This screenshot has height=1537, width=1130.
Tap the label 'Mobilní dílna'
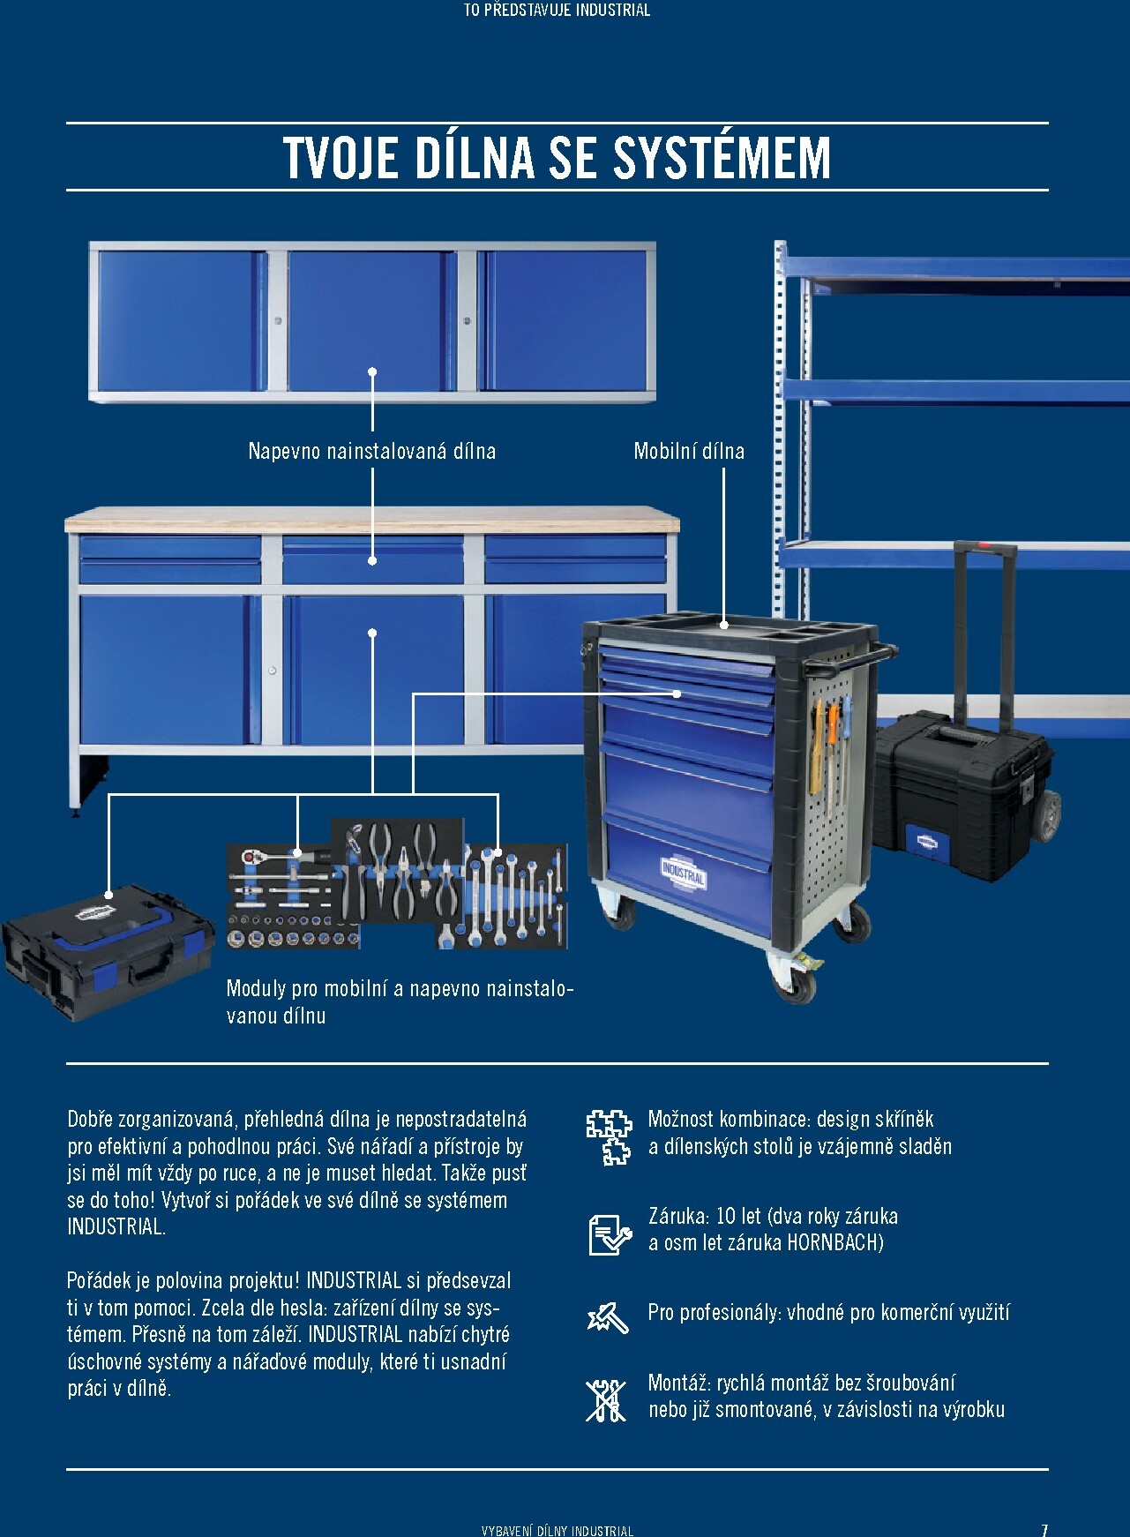coord(689,451)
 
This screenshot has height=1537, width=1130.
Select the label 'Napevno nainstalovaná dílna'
coord(372,451)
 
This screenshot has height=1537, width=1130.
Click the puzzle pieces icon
coord(610,1136)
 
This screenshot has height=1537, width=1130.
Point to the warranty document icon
coord(610,1233)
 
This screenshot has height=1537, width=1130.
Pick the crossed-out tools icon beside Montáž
coord(606,1400)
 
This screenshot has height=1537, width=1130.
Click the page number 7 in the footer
coord(1044,1529)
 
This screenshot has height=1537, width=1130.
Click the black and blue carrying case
coord(108,952)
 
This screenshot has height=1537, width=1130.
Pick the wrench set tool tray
coord(501,896)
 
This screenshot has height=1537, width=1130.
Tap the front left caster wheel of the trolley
coord(618,909)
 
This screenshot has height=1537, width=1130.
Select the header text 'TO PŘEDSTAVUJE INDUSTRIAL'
coord(557,10)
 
